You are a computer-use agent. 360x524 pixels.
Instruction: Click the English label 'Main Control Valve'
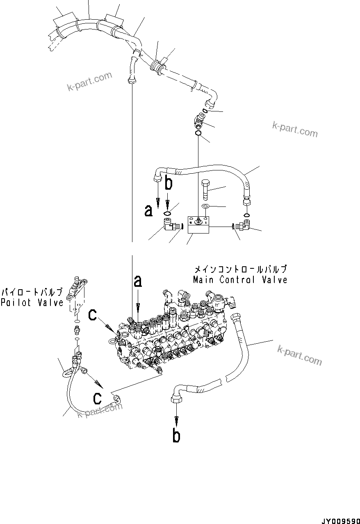pos(240,280)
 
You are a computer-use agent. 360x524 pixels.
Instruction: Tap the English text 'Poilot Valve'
pos(32,302)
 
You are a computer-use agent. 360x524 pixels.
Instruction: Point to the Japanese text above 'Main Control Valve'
pos(240,270)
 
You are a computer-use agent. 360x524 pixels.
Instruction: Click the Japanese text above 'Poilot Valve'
pos(32,292)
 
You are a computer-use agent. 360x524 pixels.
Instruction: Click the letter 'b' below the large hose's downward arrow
pos(176,436)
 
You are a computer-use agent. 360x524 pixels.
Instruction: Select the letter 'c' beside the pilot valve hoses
pos(97,398)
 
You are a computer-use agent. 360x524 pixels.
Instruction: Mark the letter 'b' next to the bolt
pos(168,184)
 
